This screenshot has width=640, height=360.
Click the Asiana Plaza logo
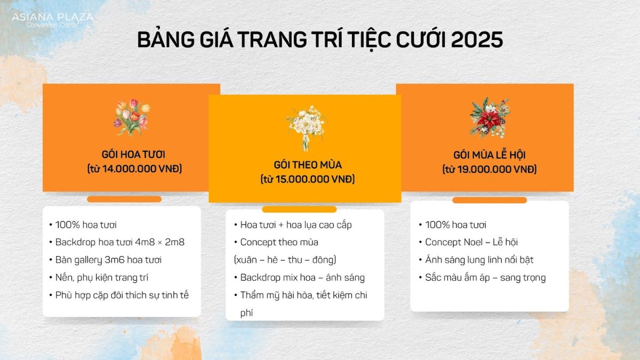(x=52, y=20)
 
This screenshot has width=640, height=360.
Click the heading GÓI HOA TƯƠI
(x=133, y=155)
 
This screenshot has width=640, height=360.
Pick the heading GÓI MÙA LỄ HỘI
(x=489, y=155)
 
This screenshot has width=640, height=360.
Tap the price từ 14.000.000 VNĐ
(x=134, y=169)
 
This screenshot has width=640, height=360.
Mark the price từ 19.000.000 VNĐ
(x=489, y=170)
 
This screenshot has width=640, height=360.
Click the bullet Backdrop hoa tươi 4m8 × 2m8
(x=120, y=242)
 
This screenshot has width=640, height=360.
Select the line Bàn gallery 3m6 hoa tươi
(x=108, y=260)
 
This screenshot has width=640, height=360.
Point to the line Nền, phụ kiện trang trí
(x=102, y=277)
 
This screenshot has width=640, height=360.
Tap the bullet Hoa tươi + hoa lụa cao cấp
(x=296, y=225)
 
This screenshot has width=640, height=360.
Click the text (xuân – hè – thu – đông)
(x=285, y=260)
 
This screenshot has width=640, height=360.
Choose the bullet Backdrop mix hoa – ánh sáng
(x=302, y=277)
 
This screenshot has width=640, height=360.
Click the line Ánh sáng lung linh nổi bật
(x=479, y=260)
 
